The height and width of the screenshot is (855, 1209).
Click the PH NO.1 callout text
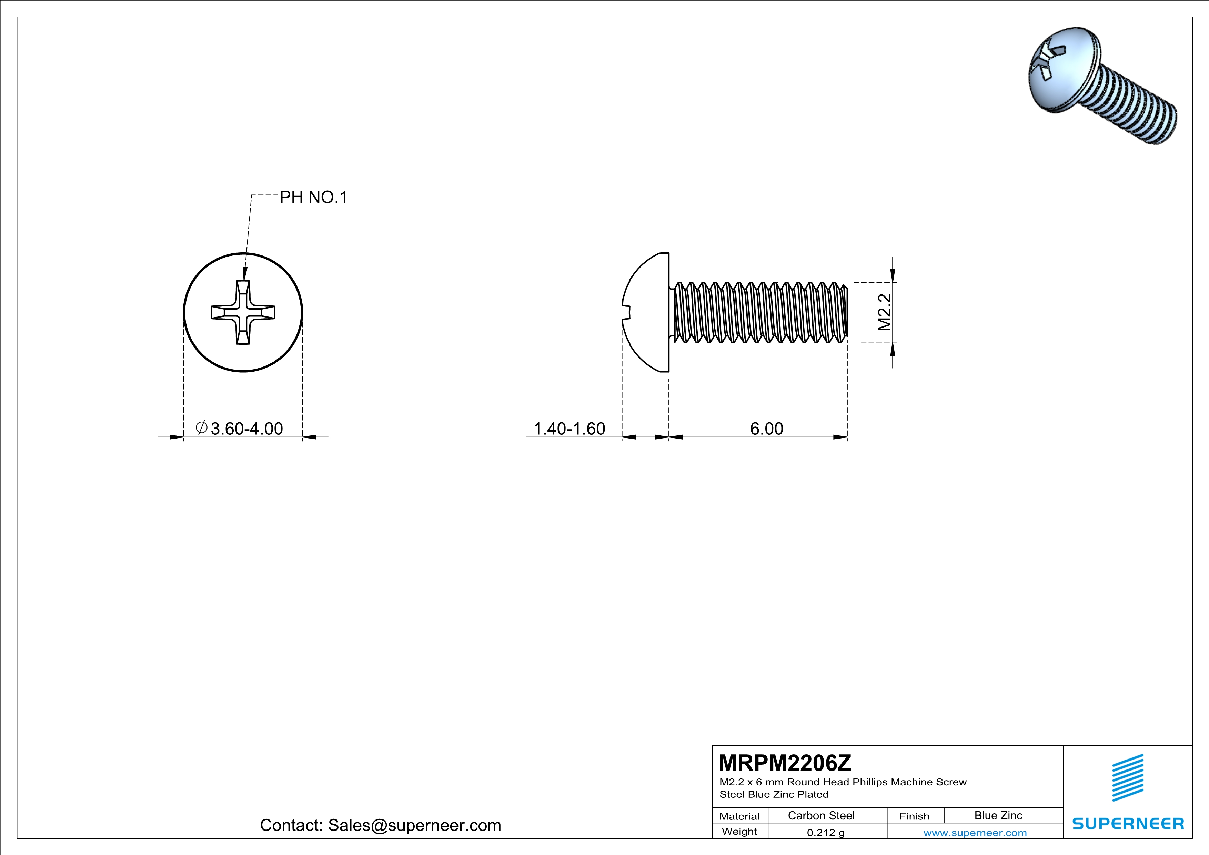313,198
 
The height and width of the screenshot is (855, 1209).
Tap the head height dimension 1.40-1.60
569,429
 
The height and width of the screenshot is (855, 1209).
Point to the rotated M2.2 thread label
885,312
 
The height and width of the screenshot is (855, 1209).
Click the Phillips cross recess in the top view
243,312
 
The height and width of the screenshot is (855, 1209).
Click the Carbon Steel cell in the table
821,815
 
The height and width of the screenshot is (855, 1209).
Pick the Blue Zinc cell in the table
998,815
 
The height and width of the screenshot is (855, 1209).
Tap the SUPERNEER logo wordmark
1128,823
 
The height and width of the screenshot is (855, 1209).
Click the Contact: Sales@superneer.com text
380,825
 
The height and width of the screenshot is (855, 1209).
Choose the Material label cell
739,816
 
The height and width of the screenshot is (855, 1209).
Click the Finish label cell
914,816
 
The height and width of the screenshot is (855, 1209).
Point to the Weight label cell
739,831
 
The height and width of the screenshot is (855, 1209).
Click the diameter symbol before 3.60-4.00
201,428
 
